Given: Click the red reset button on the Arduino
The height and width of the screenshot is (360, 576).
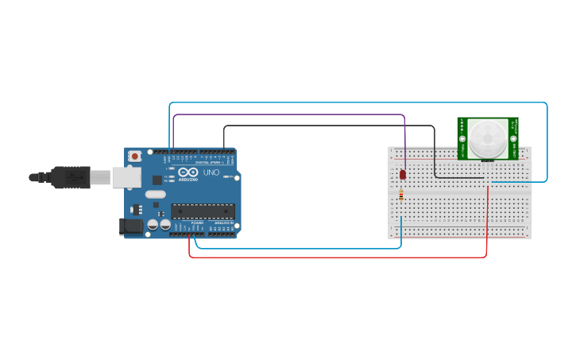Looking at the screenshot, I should (135, 157).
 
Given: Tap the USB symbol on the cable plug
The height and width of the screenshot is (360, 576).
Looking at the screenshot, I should (76, 176).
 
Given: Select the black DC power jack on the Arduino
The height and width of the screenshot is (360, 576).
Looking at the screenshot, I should (130, 226).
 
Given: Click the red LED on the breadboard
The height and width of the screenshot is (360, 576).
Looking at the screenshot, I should (403, 174).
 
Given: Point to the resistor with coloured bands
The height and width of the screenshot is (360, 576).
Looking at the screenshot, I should (401, 195).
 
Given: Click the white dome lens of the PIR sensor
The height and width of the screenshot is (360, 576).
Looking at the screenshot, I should (485, 139).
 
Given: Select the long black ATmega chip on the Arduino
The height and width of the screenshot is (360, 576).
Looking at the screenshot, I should (203, 211).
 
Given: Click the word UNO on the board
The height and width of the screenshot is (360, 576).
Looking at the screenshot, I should (211, 172).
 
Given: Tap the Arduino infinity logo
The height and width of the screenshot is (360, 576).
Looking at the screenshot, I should (188, 172).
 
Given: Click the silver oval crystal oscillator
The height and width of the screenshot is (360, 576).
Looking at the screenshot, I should (156, 194).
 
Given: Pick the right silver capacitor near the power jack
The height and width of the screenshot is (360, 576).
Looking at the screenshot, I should (165, 225).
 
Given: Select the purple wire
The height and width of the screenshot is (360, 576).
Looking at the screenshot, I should (286, 115).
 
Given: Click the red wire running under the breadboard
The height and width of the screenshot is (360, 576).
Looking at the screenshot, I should (334, 257).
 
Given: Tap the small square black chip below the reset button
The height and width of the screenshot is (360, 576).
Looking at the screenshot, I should (157, 180).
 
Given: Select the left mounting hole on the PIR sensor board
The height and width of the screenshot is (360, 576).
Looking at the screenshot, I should (462, 138).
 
